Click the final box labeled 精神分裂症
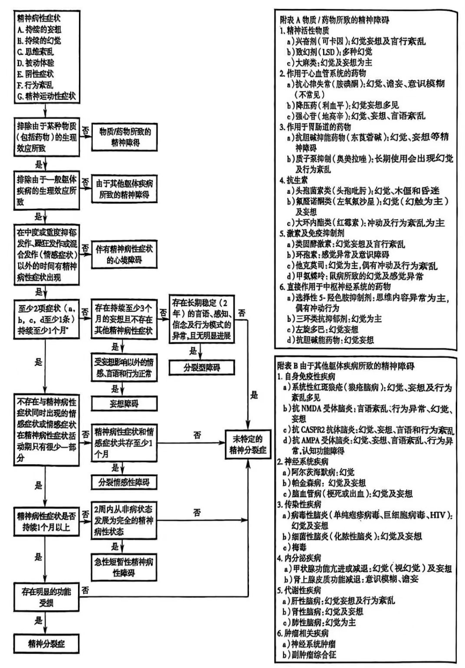pos(46,643)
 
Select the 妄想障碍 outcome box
pos(124,403)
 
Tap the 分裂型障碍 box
pos(202,367)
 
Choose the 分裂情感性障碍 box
pos(124,482)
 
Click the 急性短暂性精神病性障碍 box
pos(124,567)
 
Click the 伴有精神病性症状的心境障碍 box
pos(124,254)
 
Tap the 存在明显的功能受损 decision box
pos(46,596)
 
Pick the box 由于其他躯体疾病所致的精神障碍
pos(124,189)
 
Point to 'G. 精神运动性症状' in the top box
pos(46,96)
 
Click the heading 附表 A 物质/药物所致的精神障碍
pos(334,20)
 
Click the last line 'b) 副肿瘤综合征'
pos(309,655)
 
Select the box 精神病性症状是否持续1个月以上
pos(46,521)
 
